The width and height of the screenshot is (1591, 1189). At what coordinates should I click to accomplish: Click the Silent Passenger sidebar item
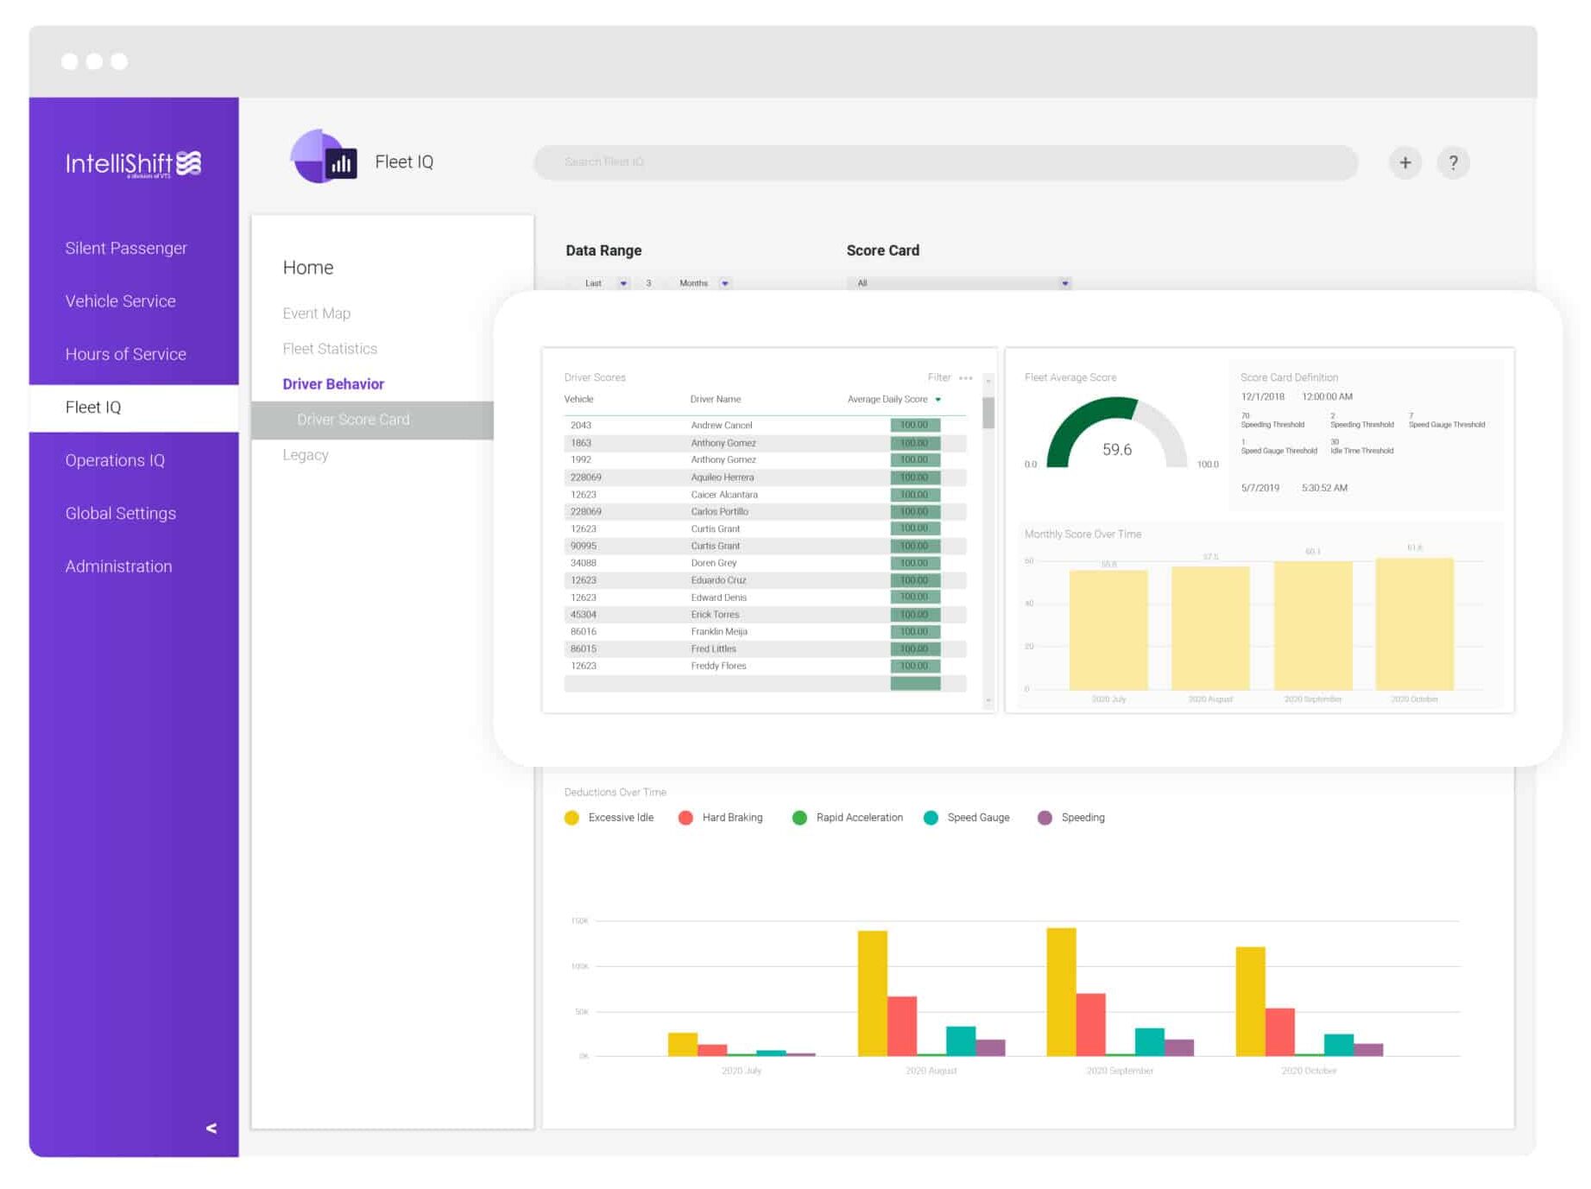point(126,248)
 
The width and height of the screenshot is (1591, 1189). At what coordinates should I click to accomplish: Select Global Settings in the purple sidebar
point(121,513)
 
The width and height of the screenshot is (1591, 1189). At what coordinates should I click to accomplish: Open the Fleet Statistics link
point(330,349)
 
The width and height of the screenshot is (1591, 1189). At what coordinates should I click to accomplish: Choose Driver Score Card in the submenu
point(353,420)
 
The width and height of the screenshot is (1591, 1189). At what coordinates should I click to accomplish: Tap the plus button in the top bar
point(1405,162)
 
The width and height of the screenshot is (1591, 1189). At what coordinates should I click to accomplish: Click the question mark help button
point(1453,162)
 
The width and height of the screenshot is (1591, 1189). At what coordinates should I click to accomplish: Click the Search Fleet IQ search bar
point(945,162)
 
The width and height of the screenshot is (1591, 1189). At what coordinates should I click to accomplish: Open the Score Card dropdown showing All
point(958,283)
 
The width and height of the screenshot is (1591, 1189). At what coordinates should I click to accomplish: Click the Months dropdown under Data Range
point(704,283)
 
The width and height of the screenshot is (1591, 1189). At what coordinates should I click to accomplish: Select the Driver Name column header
point(715,399)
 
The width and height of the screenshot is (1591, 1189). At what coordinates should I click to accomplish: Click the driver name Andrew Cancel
point(721,425)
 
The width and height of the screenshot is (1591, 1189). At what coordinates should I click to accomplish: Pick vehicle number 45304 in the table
point(583,615)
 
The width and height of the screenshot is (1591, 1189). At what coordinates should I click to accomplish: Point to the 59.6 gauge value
point(1116,449)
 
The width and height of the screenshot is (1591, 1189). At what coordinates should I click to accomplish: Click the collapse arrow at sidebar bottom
point(212,1128)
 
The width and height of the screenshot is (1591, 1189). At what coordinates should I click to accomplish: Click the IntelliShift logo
point(134,163)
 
